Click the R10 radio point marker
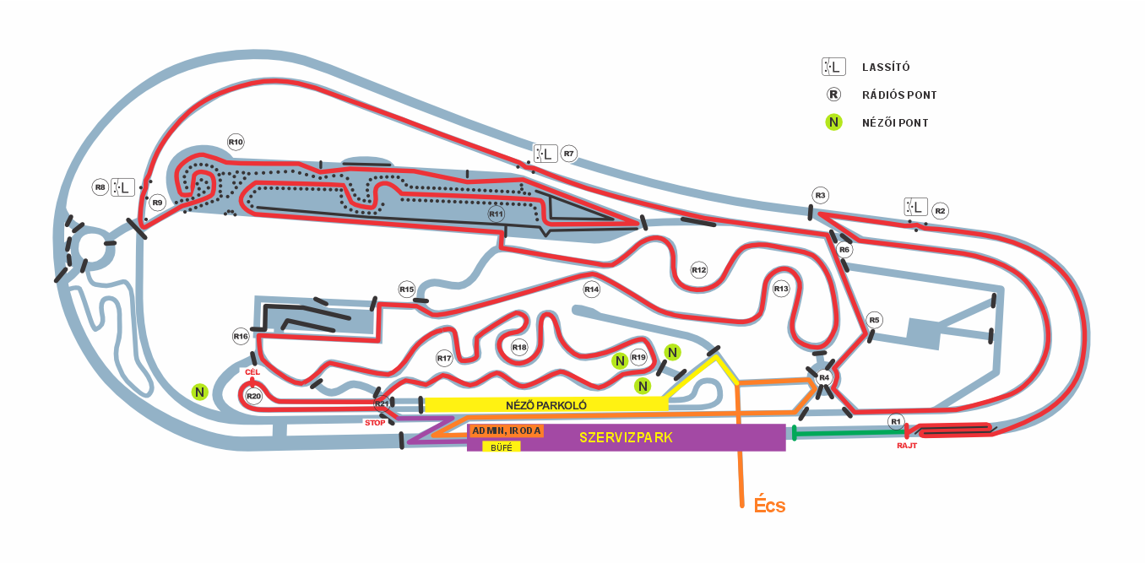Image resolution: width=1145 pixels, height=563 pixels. click(x=236, y=142)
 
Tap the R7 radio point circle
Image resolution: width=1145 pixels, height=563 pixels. click(x=569, y=154)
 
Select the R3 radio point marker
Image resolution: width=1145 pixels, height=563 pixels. click(x=821, y=195)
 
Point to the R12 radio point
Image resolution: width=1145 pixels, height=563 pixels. click(x=699, y=270)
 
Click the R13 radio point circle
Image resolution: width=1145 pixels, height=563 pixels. click(x=781, y=289)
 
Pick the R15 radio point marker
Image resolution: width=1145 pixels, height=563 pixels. click(x=407, y=290)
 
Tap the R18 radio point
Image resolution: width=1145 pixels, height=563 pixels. click(x=519, y=348)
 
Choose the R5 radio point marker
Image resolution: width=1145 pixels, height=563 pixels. click(x=875, y=320)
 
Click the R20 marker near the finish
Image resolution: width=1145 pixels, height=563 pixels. click(x=253, y=396)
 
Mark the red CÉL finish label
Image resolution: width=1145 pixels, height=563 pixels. click(x=252, y=372)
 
